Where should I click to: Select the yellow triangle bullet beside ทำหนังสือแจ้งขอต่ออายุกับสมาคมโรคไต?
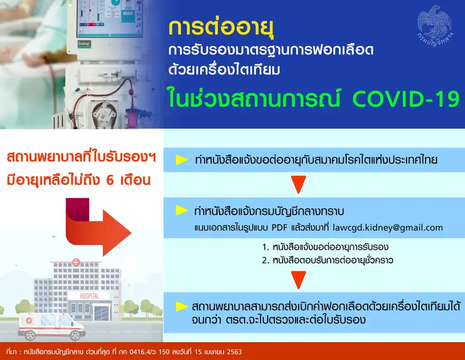click(x=182, y=160)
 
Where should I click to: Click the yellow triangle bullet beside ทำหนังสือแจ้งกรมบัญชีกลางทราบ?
click(x=182, y=211)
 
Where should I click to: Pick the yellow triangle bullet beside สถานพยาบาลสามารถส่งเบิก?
click(x=182, y=306)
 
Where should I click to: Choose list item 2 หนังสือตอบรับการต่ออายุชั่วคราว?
click(x=328, y=260)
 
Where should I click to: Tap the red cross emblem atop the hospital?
click(x=76, y=262)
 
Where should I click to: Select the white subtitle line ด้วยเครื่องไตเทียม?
click(x=224, y=71)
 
